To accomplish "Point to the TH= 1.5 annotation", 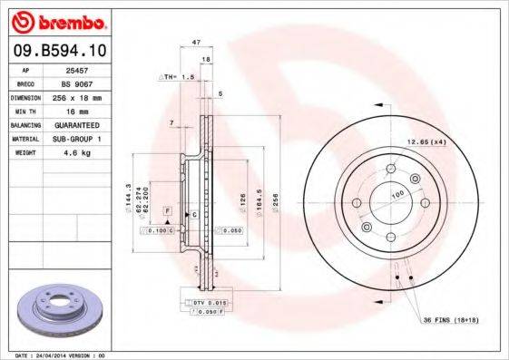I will pos(178,78).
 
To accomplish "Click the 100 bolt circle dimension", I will pos(396,195).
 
